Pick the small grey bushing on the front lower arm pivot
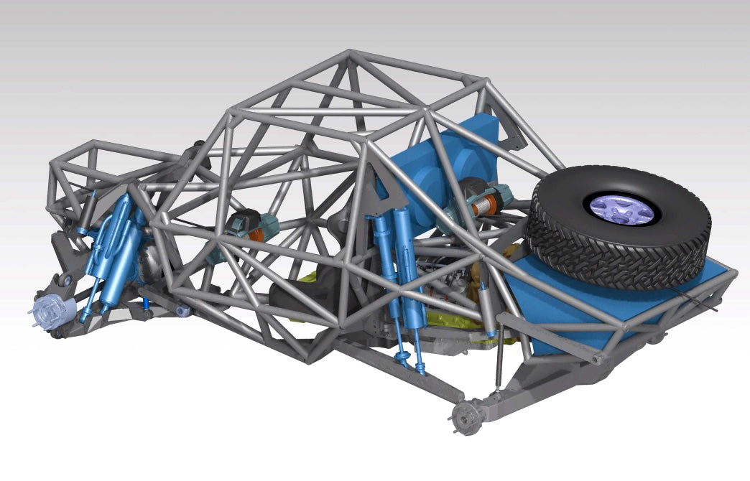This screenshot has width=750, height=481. pos(183,309)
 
